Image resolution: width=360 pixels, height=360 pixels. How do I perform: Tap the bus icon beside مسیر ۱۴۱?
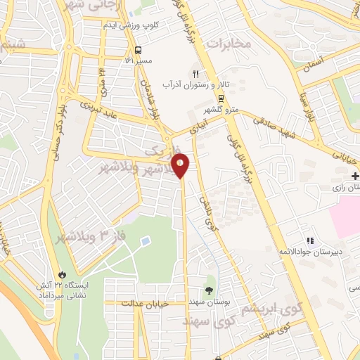(x=138, y=51)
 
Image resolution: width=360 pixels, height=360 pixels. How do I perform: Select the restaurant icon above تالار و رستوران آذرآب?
(x=196, y=73)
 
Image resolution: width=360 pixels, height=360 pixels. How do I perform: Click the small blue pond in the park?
(x=145, y=241)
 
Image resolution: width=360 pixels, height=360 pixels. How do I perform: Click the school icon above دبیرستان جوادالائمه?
(x=310, y=241)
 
